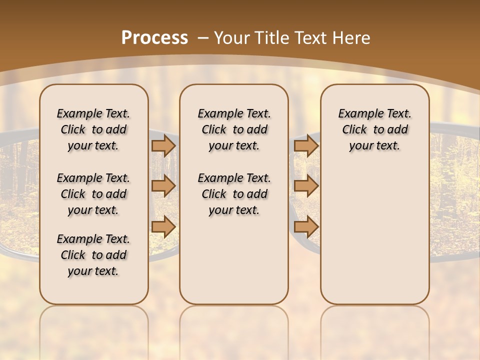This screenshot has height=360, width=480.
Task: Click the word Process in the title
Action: tap(154, 38)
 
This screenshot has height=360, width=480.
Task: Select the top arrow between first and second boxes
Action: tap(163, 145)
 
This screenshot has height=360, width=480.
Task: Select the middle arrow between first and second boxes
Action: tap(163, 186)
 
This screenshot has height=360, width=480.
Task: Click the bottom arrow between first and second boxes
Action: tap(163, 226)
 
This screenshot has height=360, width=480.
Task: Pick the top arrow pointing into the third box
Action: tap(306, 145)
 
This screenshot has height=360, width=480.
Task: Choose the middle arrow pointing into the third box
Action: tap(306, 186)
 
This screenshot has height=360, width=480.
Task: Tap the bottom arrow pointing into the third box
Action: tap(306, 226)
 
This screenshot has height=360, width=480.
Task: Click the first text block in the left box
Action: tap(93, 129)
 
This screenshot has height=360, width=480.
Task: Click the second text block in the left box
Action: tap(93, 194)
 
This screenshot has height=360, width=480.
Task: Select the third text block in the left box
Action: tap(93, 255)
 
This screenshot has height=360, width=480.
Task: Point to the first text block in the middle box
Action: tap(234, 129)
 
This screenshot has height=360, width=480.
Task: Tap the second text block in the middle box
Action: tap(234, 194)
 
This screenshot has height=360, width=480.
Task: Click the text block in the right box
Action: tap(374, 129)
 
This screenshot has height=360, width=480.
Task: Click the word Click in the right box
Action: tap(354, 130)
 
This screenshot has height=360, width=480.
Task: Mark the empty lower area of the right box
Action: tap(374, 235)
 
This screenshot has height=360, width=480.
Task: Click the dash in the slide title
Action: tap(203, 38)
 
